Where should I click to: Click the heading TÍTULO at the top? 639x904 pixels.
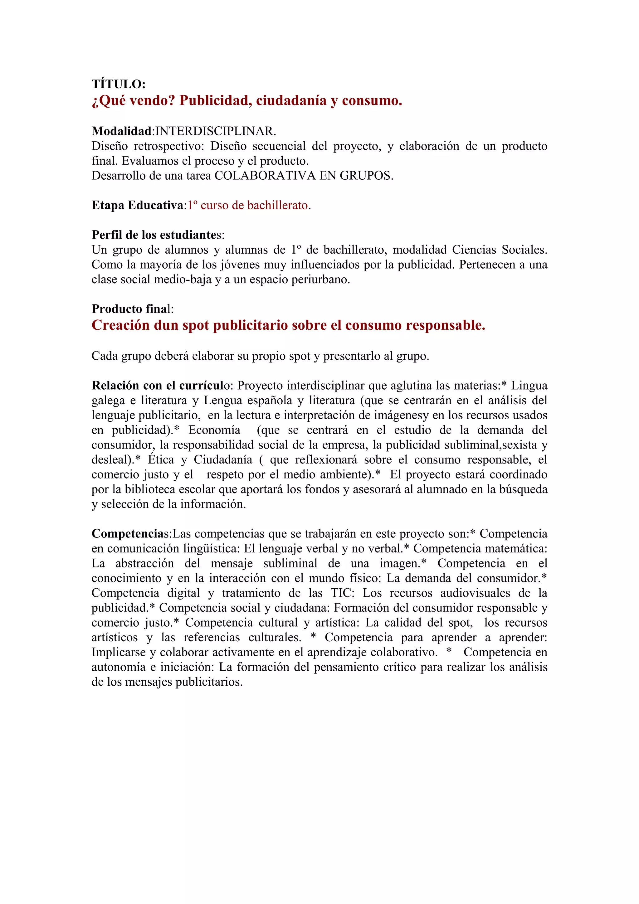click(x=119, y=84)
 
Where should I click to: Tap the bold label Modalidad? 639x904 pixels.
click(x=122, y=131)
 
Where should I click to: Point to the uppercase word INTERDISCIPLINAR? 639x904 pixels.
click(x=216, y=131)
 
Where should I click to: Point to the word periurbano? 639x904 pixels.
click(x=319, y=279)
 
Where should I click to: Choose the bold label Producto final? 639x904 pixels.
click(x=132, y=309)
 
